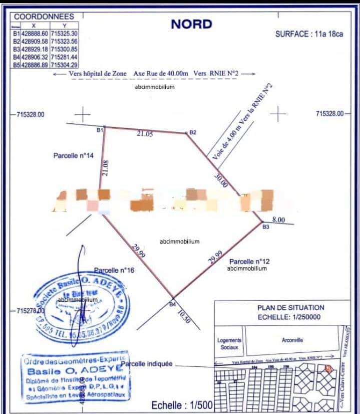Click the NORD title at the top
(x=191, y=24)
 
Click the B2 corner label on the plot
(x=193, y=132)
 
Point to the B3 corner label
(x=266, y=227)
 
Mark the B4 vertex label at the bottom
(x=172, y=304)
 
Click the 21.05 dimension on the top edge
(x=145, y=134)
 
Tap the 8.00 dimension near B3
(x=278, y=220)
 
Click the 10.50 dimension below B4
(x=184, y=317)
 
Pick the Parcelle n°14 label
(x=74, y=156)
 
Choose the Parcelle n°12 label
(x=249, y=262)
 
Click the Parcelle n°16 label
(x=113, y=270)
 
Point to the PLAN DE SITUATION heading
(x=283, y=307)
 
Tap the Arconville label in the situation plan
(x=292, y=340)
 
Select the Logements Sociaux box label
(x=229, y=343)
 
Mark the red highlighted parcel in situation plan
(x=328, y=368)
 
